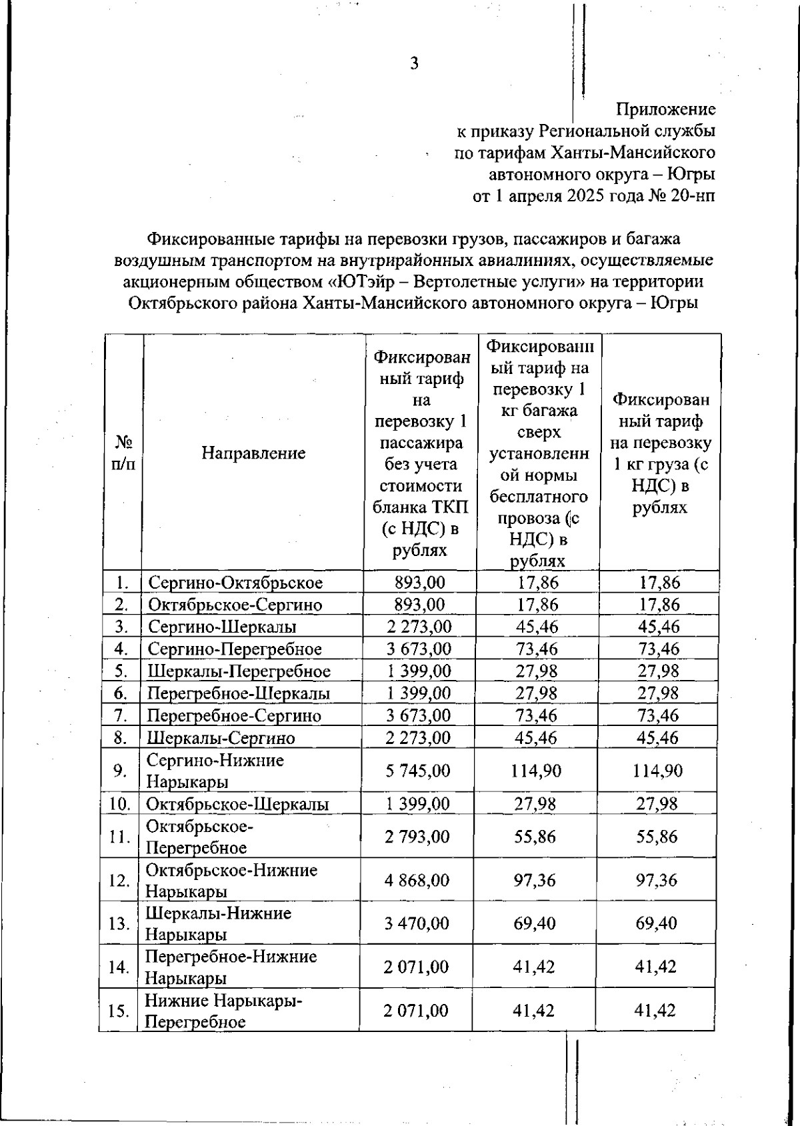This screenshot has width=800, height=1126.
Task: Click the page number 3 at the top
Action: coord(414,64)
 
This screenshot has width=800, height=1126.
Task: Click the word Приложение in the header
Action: coord(665,109)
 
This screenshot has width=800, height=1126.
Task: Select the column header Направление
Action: coord(253,453)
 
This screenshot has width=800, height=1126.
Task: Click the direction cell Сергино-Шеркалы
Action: coord(222,627)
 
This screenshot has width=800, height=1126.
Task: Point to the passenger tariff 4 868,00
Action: coord(417,880)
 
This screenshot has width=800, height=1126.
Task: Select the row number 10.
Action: coord(119,804)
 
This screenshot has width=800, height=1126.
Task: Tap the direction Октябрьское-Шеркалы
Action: coord(237,804)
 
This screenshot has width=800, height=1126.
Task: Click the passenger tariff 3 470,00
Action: coord(417,923)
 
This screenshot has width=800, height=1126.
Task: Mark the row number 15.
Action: coord(118,1011)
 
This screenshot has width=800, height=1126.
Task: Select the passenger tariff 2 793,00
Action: coord(417,837)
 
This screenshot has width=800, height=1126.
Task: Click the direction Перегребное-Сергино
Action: coord(234,716)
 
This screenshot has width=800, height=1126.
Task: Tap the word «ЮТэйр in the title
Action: coord(367,281)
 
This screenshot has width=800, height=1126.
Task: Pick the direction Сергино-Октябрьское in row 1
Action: coord(235,583)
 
